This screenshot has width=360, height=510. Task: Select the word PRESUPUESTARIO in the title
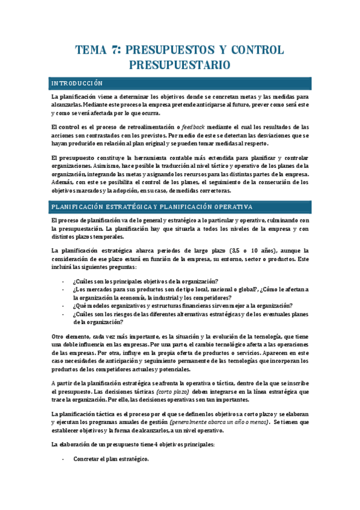[180, 64]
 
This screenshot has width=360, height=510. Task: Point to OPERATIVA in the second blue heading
[230, 190]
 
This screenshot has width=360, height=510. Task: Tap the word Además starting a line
[64, 182]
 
